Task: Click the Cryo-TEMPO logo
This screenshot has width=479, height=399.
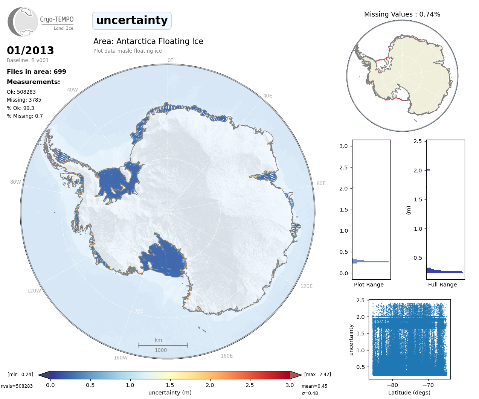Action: [41, 22]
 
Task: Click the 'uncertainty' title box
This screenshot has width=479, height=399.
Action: [132, 20]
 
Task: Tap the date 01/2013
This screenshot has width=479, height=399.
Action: [31, 50]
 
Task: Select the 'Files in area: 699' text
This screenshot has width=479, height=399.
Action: [37, 72]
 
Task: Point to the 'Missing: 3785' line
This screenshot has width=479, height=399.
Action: [24, 100]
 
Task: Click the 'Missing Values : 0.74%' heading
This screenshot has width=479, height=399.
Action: [402, 14]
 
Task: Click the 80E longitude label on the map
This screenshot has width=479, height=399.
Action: [321, 183]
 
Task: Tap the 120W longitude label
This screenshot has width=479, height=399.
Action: [34, 291]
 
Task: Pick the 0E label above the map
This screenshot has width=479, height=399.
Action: [170, 60]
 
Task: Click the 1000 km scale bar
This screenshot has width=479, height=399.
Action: [163, 345]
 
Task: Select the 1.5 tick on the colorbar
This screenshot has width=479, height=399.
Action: [170, 385]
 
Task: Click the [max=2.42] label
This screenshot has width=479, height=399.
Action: [317, 374]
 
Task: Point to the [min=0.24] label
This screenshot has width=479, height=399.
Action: [20, 374]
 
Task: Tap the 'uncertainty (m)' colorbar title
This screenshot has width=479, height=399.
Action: [170, 393]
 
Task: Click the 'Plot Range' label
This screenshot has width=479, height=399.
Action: [369, 285]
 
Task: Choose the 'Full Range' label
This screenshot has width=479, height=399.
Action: [442, 285]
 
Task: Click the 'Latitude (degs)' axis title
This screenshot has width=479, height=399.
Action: [409, 393]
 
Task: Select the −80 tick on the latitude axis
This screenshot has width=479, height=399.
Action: [392, 385]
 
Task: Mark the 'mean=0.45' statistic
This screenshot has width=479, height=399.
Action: [314, 386]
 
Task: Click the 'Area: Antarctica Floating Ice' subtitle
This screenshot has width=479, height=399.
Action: [148, 41]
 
